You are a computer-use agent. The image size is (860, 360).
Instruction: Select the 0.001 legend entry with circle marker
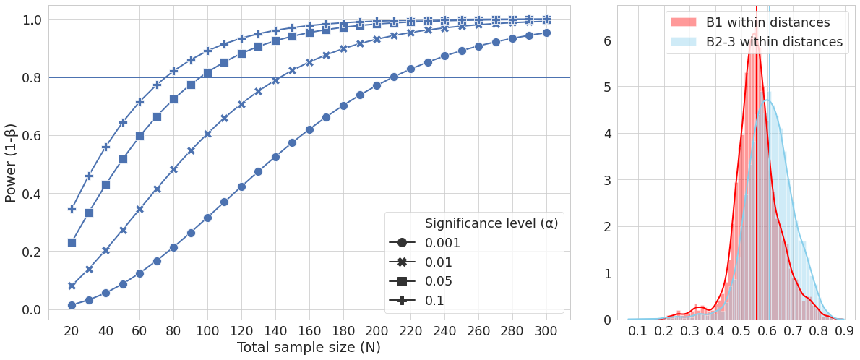tap(443, 243)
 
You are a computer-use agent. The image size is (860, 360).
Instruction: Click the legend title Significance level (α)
tap(491, 223)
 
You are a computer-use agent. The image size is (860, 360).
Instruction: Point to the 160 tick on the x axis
tap(309, 330)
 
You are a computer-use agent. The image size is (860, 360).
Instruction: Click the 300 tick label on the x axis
tap(546, 330)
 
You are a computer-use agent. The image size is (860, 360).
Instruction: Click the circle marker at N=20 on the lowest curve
tap(72, 305)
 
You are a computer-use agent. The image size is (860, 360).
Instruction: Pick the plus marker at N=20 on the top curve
tap(72, 209)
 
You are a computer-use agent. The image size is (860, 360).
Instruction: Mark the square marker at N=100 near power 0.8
tap(207, 73)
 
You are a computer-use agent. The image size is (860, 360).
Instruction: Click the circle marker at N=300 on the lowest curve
tap(546, 33)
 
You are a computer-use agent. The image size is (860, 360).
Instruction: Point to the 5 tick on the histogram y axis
tap(607, 87)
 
